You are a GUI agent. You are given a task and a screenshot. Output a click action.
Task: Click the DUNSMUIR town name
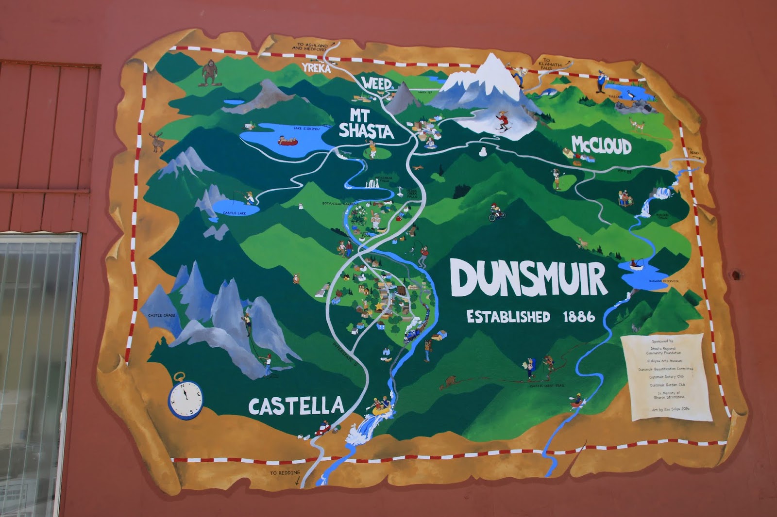528,278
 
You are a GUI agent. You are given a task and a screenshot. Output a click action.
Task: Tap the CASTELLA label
296,405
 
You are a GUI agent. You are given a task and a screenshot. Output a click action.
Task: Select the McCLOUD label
601,145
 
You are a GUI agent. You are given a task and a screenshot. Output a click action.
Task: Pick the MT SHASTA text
365,124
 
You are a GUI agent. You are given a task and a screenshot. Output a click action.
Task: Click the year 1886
579,317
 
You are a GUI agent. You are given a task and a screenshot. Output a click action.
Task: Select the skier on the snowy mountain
503,121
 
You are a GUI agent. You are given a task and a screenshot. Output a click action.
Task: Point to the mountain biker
496,212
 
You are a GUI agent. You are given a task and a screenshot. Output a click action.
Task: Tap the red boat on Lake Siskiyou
289,141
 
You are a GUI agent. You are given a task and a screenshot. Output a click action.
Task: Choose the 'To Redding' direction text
285,473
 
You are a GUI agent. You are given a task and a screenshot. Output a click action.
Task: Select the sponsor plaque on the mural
665,376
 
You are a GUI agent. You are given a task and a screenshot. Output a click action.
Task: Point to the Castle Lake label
234,213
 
